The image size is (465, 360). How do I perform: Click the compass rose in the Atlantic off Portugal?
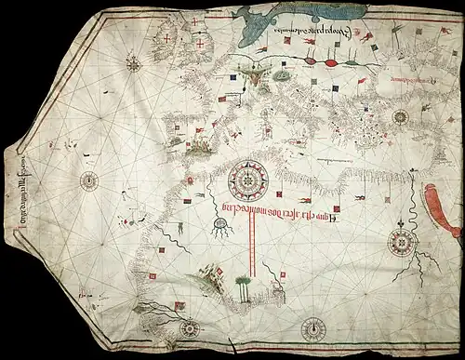tap(90, 180)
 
